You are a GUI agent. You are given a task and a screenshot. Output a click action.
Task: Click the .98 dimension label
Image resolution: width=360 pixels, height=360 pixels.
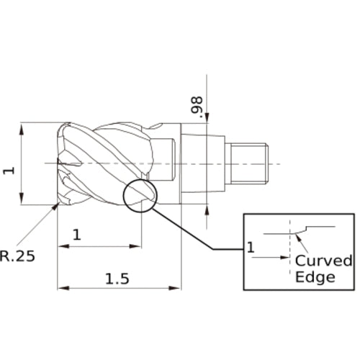(x=197, y=105)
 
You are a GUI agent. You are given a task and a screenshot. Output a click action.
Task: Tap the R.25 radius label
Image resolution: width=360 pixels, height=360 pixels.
(x=17, y=256)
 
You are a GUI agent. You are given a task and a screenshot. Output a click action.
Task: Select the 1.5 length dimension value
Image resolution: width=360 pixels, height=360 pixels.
(x=117, y=279)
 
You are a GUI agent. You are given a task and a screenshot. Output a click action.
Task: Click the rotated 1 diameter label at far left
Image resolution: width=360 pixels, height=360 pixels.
(x=9, y=171)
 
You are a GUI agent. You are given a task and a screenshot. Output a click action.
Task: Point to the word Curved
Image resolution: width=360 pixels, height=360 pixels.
(x=324, y=261)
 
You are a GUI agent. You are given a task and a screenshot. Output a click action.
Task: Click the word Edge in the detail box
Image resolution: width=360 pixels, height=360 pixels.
(x=315, y=277)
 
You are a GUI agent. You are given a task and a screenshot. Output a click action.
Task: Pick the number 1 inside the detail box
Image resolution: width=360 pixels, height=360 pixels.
(x=251, y=248)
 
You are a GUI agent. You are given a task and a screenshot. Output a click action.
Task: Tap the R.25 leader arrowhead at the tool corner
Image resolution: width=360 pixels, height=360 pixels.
(x=57, y=206)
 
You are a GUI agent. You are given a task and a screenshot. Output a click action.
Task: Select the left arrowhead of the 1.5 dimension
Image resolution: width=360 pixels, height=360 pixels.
(x=63, y=288)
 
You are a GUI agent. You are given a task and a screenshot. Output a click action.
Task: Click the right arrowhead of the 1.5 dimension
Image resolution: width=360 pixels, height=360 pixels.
(x=174, y=288)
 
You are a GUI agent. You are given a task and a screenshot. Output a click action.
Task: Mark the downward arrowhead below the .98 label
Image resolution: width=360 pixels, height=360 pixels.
(x=207, y=117)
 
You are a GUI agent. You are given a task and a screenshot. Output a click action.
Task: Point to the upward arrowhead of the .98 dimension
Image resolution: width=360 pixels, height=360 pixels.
(x=207, y=210)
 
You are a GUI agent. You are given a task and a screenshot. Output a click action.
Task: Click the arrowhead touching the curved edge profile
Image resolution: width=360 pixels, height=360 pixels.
(x=298, y=238)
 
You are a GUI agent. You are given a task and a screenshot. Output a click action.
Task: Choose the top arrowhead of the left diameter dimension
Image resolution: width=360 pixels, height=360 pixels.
(x=22, y=129)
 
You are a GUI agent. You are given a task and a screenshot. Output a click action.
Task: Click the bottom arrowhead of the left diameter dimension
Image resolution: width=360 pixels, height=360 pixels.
(x=22, y=198)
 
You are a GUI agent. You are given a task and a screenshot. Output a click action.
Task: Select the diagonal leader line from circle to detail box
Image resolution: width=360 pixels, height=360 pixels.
(x=183, y=229)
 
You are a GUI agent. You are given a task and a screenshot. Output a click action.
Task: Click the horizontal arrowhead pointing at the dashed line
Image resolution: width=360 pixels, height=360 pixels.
(x=284, y=258)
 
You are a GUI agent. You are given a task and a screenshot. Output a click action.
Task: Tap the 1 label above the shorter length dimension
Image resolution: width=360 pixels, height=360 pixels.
(x=77, y=235)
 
